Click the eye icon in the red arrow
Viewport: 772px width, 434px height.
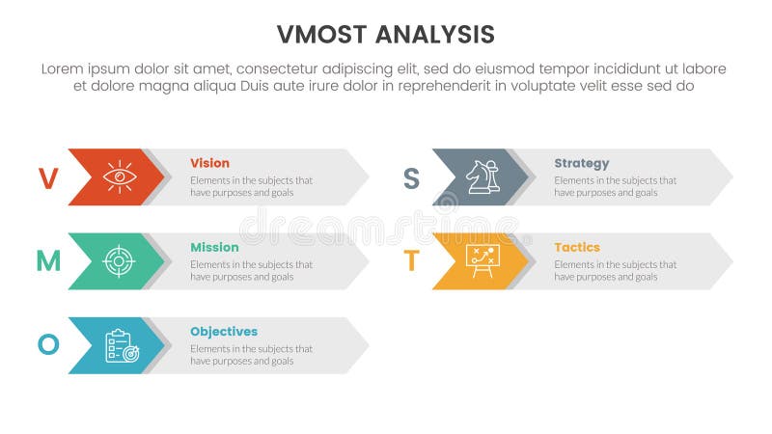coord(120,176)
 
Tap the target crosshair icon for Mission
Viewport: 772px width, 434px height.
coord(120,260)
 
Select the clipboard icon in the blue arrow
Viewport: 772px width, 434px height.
coord(122,345)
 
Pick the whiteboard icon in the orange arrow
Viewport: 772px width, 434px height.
coord(482,260)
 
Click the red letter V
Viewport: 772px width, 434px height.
coord(47,177)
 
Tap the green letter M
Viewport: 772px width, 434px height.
coord(48,261)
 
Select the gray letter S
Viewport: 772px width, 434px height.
coord(411,177)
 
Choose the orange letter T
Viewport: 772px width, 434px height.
coord(411,261)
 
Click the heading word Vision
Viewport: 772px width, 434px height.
coord(209,163)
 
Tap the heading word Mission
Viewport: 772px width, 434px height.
coord(214,247)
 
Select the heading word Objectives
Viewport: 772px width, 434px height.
coord(224,331)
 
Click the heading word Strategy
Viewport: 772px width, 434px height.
coord(582,163)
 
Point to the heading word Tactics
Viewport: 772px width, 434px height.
coord(577,247)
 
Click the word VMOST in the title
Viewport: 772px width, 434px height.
coord(321,35)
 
